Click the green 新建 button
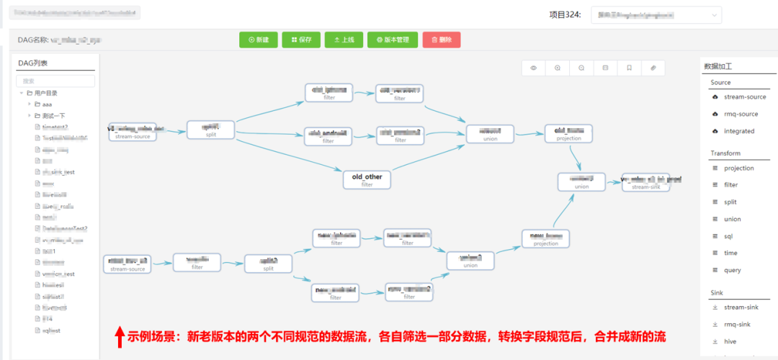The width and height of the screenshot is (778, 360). click(x=258, y=40)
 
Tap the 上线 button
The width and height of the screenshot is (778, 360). click(x=344, y=40)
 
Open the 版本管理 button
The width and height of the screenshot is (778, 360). click(x=393, y=40)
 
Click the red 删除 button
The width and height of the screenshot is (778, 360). click(x=442, y=40)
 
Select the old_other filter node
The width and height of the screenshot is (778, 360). click(x=367, y=180)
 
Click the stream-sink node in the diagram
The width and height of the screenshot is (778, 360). click(x=651, y=182)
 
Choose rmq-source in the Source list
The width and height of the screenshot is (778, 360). click(x=740, y=114)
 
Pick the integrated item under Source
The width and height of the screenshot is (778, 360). click(x=738, y=131)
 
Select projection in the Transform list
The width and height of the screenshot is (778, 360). click(x=738, y=168)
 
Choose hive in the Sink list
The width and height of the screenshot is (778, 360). click(x=731, y=341)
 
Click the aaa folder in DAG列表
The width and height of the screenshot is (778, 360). click(x=47, y=104)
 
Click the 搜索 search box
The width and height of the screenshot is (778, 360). click(x=55, y=81)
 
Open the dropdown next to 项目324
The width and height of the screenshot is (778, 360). click(x=656, y=15)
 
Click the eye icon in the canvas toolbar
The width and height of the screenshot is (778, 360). click(x=534, y=68)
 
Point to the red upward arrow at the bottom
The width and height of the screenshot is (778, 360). click(x=120, y=336)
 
